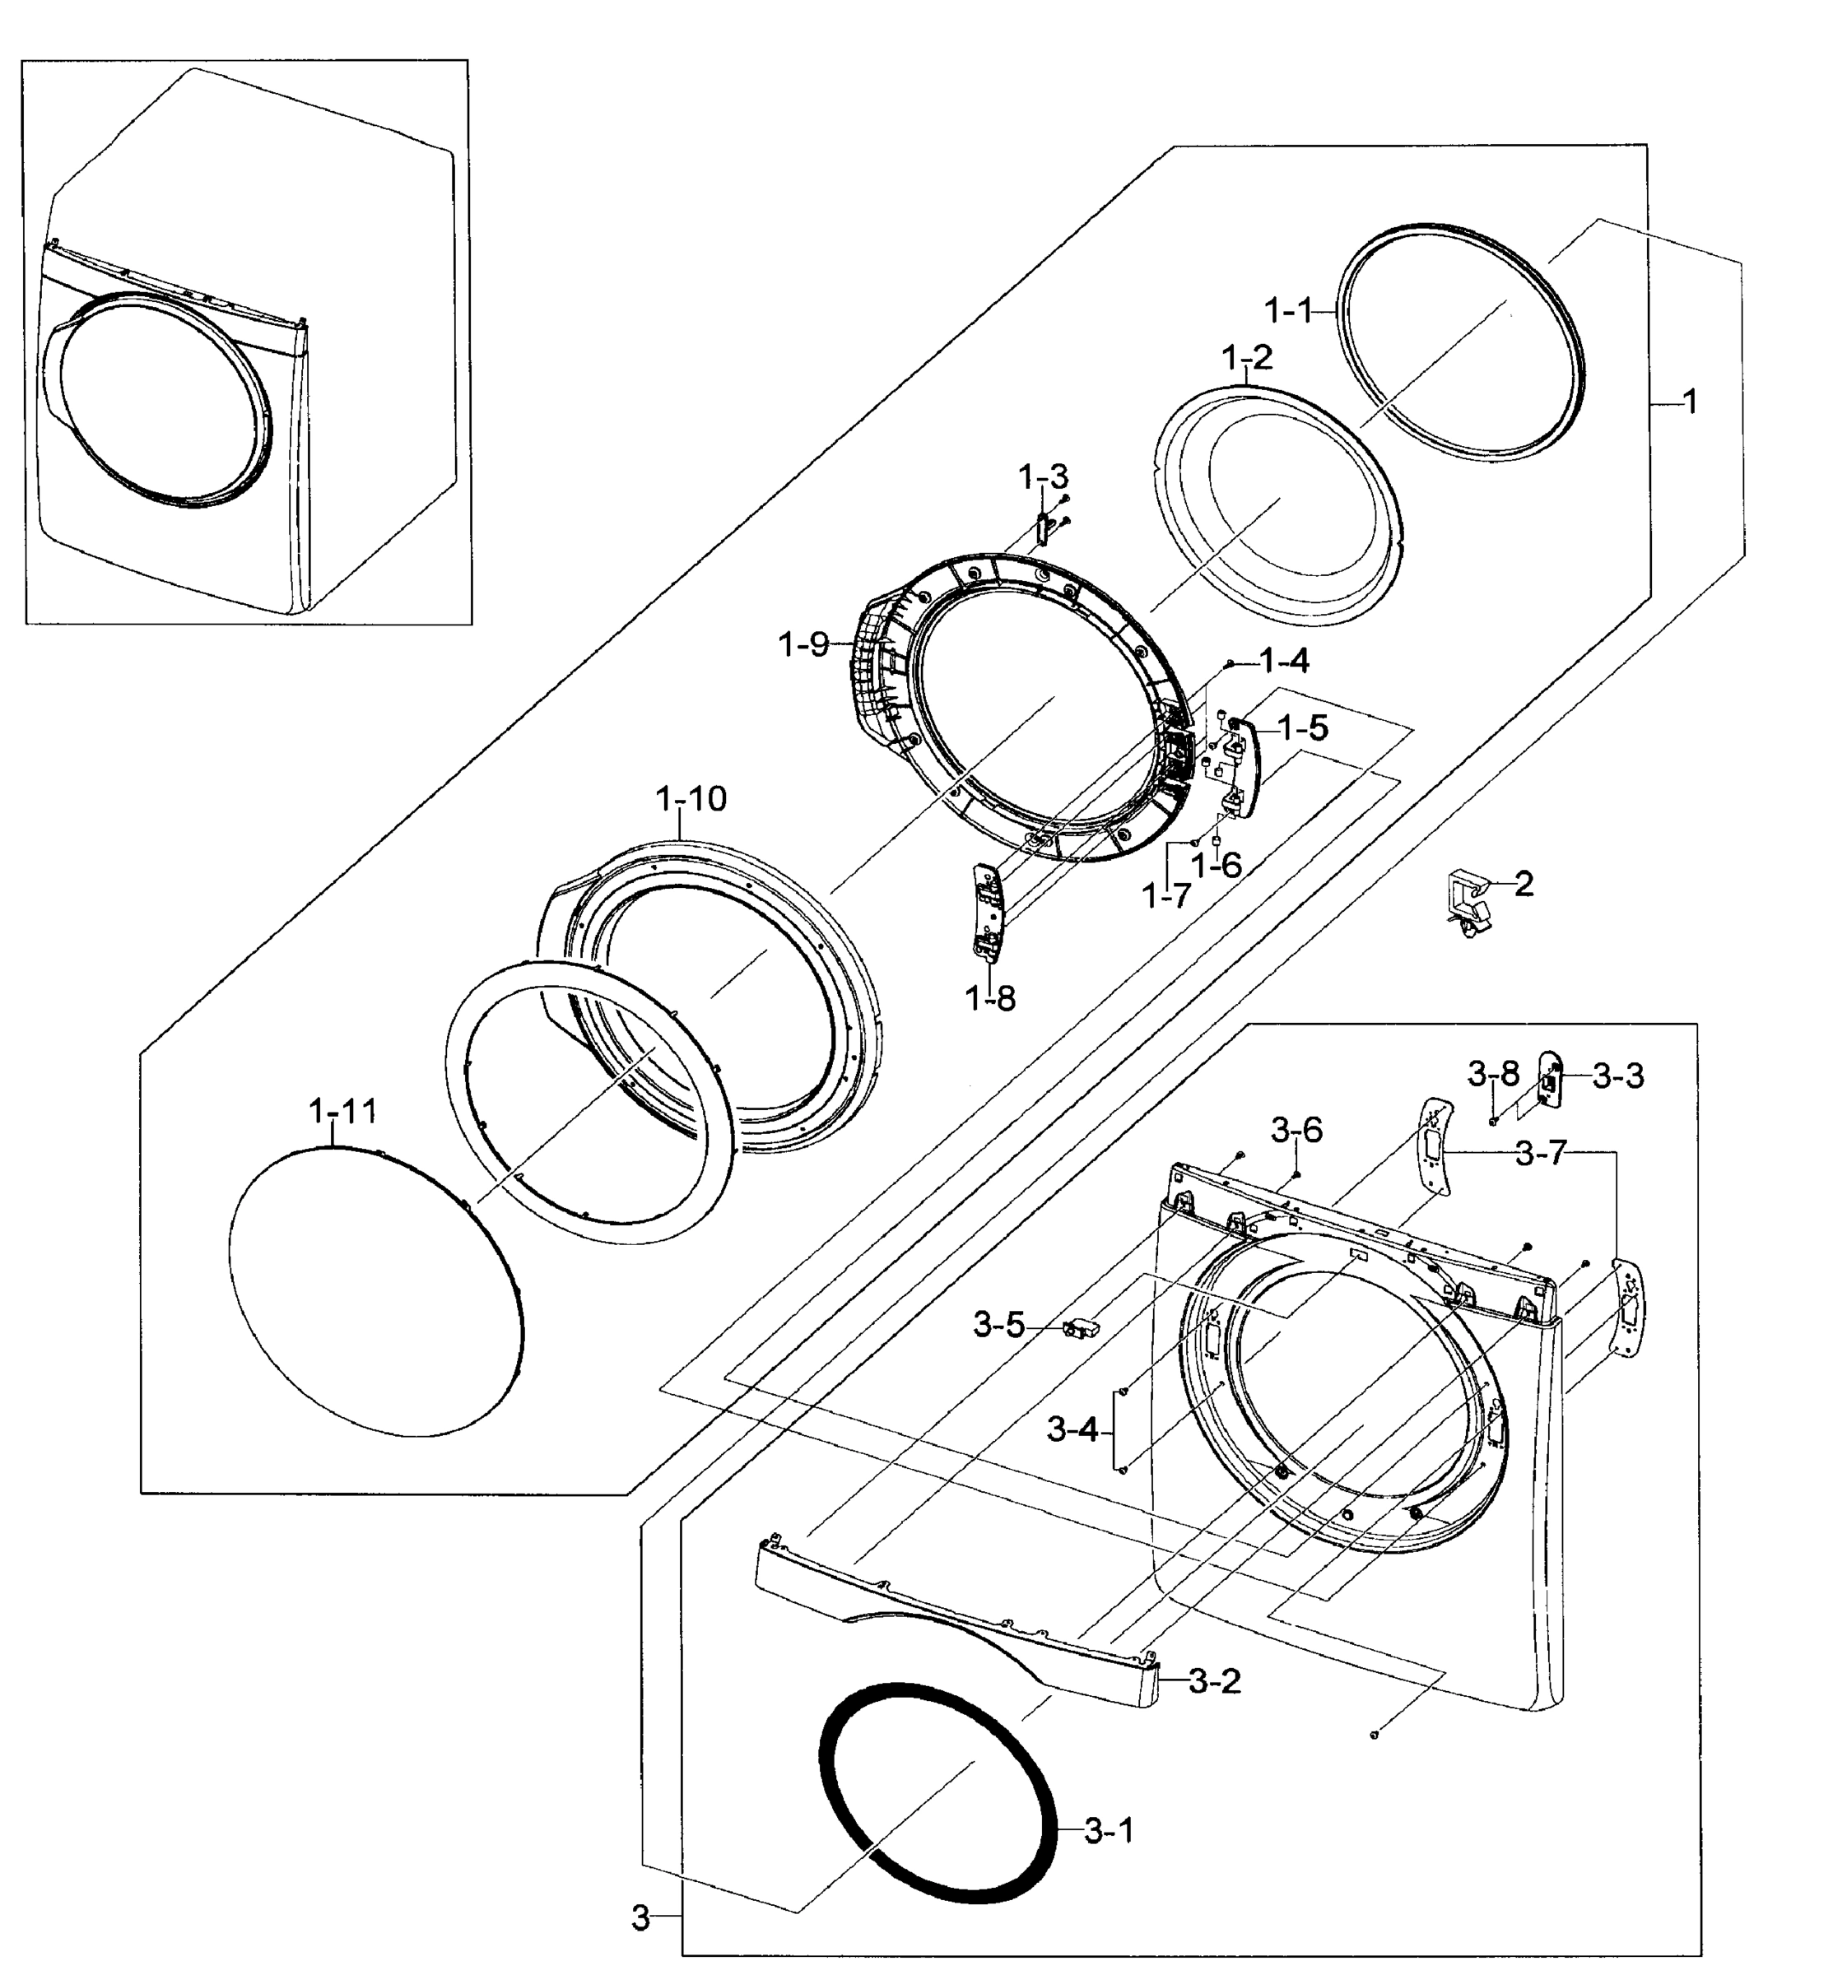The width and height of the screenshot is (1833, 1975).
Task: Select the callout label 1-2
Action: click(x=1247, y=357)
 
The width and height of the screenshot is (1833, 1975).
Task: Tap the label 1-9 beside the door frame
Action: click(x=803, y=644)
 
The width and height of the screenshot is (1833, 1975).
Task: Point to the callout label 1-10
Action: click(x=691, y=798)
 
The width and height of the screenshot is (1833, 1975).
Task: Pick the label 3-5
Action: click(x=999, y=1325)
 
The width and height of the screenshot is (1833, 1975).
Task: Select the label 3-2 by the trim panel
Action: click(x=1214, y=1680)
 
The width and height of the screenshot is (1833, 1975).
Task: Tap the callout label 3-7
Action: click(x=1540, y=1154)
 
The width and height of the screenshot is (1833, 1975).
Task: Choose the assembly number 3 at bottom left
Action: click(x=640, y=1918)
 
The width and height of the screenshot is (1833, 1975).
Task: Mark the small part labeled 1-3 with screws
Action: click(x=1044, y=528)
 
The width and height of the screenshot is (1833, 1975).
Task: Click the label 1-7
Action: click(x=1165, y=896)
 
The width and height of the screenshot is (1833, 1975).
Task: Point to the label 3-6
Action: click(x=1296, y=1129)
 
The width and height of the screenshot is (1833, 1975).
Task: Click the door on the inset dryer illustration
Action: click(x=159, y=397)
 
